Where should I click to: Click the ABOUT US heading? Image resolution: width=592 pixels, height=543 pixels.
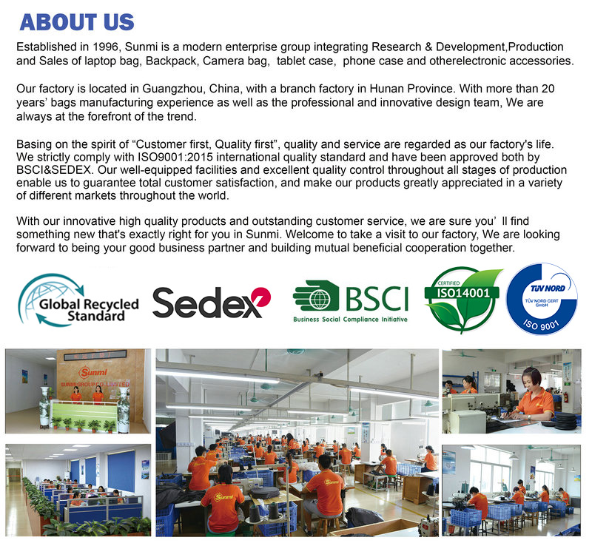click(x=77, y=22)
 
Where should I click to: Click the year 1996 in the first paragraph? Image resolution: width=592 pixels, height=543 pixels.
click(x=106, y=47)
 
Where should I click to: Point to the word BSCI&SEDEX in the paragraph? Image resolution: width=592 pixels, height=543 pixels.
click(x=53, y=170)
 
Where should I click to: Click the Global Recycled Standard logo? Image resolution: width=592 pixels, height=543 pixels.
click(x=78, y=301)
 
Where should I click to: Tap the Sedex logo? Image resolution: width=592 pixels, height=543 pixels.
click(x=212, y=303)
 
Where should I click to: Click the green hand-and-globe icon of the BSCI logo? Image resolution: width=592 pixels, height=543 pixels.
click(x=317, y=295)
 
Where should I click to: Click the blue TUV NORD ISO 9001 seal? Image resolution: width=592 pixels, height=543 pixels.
click(x=542, y=298)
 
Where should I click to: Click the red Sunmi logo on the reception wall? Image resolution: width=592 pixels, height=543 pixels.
click(x=93, y=372)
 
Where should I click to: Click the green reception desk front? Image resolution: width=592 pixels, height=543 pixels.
click(x=84, y=413)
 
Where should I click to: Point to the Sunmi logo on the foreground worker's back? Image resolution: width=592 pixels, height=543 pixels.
click(x=223, y=497)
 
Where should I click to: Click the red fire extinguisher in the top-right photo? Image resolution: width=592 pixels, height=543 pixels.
click(x=565, y=397)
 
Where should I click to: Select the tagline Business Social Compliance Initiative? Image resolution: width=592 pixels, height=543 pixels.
click(x=350, y=320)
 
